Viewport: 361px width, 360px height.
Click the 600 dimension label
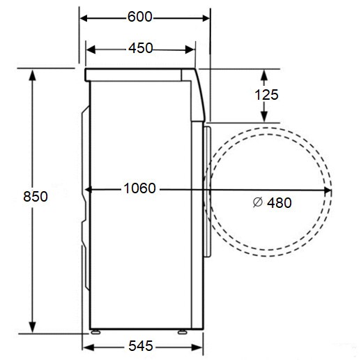click(x=141, y=17)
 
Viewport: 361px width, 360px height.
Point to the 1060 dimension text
click(x=140, y=188)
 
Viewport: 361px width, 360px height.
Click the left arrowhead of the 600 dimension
click(x=83, y=17)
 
